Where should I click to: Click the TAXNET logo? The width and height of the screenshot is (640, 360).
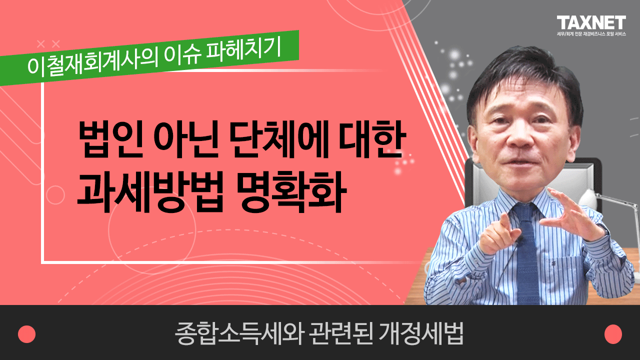click(591, 23)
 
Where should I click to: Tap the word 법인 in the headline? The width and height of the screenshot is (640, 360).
click(110, 139)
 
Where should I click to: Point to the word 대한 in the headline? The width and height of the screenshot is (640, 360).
click(372, 139)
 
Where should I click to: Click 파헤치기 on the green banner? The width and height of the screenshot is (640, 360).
click(243, 50)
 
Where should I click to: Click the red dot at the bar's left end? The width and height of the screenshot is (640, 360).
click(27, 334)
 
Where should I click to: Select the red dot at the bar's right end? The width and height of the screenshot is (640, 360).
click(613, 334)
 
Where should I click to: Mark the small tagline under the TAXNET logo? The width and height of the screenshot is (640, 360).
click(591, 33)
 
